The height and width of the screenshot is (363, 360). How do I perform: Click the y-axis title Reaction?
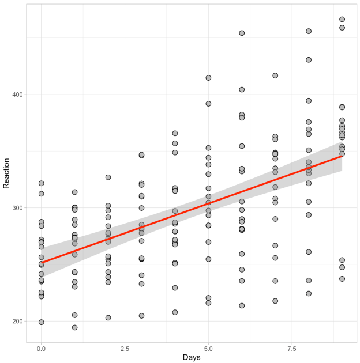[x=7, y=175]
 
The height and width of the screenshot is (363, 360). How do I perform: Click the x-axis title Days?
[x=192, y=358]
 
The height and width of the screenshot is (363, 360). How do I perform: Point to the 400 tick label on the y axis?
[x=17, y=94]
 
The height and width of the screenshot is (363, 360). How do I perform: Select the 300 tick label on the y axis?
[x=17, y=208]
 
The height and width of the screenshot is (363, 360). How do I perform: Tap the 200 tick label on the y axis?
[x=17, y=322]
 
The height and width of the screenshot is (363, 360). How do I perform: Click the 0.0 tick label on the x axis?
[x=41, y=348]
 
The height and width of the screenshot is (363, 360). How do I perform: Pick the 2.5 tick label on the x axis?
[x=125, y=348]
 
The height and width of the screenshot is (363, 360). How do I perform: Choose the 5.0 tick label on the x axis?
[x=208, y=348]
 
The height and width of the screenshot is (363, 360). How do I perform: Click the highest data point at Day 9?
[x=342, y=20]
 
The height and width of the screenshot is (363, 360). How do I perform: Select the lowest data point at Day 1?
[x=74, y=327]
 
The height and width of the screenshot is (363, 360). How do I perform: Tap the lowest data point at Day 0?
[x=41, y=322]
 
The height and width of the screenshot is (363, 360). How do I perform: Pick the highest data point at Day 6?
[x=242, y=33]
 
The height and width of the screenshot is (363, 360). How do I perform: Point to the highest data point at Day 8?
[x=309, y=31]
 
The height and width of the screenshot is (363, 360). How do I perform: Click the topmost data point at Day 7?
[x=275, y=75]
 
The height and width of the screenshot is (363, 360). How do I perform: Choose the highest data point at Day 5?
[x=208, y=78]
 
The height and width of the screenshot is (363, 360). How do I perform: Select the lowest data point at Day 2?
[x=108, y=317]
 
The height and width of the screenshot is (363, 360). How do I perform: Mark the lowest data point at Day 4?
[x=175, y=312]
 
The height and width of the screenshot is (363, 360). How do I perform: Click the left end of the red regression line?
[x=41, y=263]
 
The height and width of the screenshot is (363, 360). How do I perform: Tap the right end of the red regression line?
[x=342, y=156]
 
